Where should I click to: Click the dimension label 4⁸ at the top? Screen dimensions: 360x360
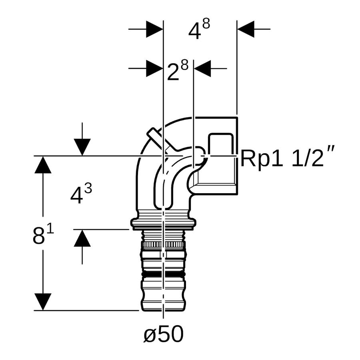199,29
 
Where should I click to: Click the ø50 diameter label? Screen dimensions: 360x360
164,334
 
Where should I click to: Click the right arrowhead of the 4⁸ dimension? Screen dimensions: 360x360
246,29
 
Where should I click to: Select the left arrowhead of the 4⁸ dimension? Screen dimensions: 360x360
154,29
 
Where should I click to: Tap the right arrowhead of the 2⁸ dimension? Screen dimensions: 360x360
202,68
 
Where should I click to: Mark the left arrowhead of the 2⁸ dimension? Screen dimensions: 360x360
154,68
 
